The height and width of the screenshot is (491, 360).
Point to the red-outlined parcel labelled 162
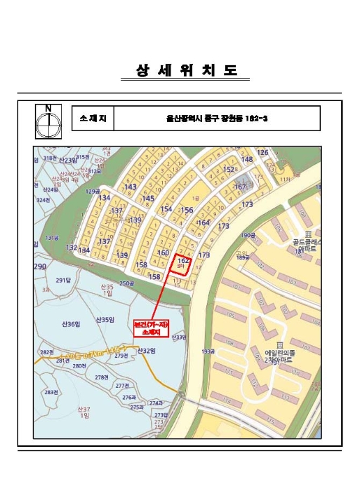tap(182, 263)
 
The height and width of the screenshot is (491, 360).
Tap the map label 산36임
tap(71, 324)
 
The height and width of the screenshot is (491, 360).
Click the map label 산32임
tap(145, 350)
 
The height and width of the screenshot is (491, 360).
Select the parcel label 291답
tap(64, 280)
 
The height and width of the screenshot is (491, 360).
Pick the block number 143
tap(130, 187)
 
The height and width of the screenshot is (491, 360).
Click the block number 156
tap(187, 210)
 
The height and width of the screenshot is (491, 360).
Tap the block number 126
tap(262, 152)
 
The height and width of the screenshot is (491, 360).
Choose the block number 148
tap(247, 159)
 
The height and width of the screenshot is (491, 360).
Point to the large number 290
tap(39, 267)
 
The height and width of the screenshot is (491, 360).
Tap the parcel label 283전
tap(50, 392)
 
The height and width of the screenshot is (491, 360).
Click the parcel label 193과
tap(207, 351)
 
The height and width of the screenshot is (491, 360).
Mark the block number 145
tap(147, 199)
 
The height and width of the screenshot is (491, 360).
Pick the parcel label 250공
tap(126, 283)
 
